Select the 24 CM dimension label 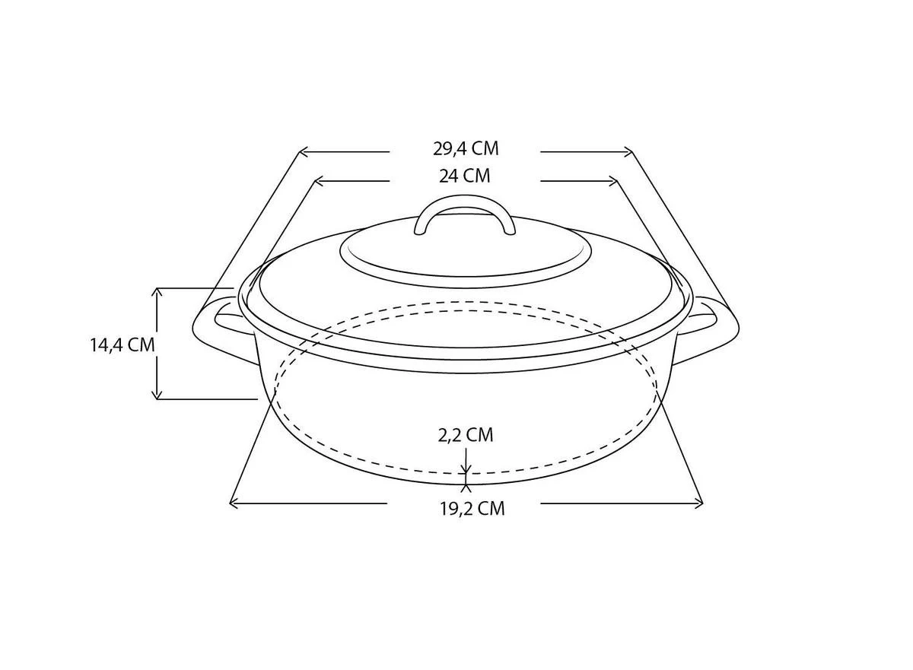point(464,176)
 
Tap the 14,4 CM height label point(122,345)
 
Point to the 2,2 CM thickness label point(465,435)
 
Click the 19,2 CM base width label point(471,509)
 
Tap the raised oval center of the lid point(466,255)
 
